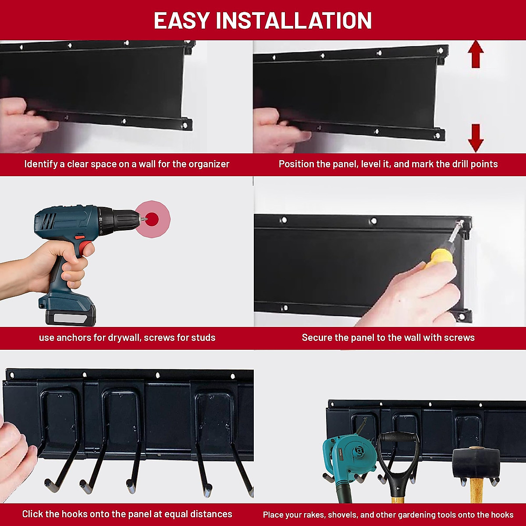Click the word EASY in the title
(181, 21)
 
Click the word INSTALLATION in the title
(294, 21)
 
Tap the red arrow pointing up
(476, 54)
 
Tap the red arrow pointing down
(476, 138)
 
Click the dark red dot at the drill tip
(152, 219)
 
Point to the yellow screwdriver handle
(439, 258)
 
